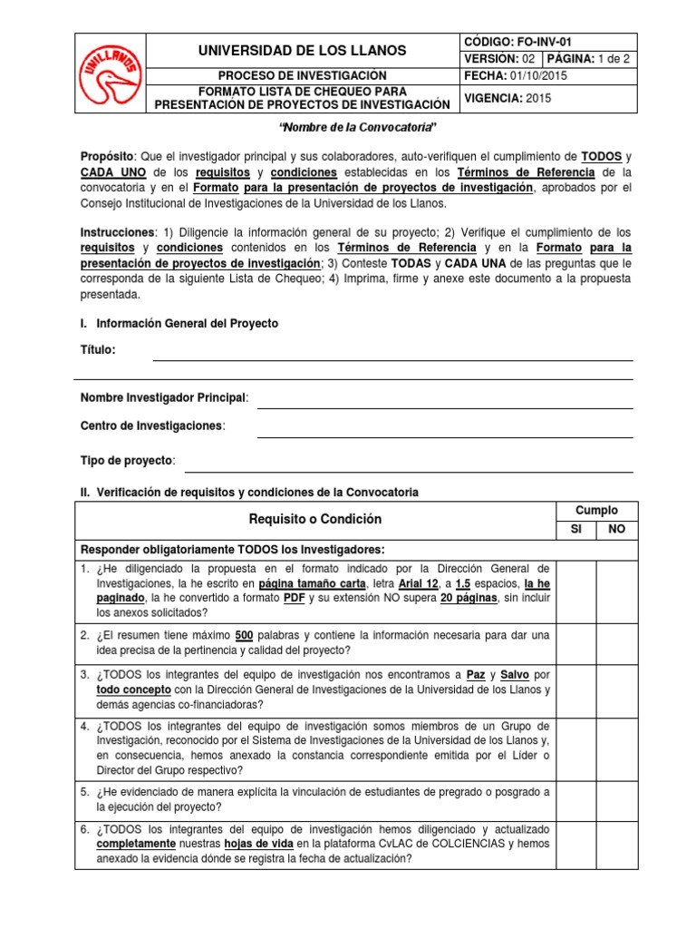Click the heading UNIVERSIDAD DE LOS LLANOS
pos(303,50)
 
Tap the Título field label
pos(98,350)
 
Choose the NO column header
pos(616,530)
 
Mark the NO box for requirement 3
pos(616,689)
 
